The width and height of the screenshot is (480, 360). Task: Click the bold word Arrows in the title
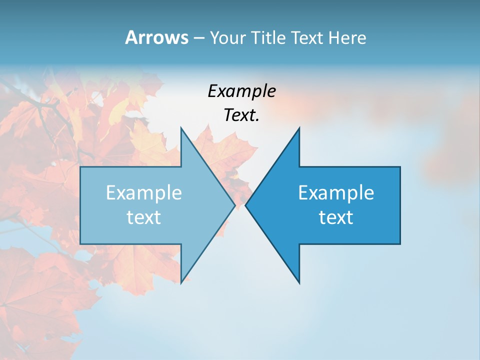coord(156,37)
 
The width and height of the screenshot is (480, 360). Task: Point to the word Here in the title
coord(347,37)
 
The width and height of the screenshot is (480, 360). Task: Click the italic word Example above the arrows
coord(242,91)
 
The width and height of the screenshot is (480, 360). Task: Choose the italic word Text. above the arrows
coord(242,115)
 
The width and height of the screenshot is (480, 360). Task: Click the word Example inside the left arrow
coord(144,192)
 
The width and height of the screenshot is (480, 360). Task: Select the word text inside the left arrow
coord(144,217)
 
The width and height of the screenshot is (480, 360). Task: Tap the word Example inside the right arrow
coord(336,192)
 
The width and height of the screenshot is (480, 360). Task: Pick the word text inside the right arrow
coord(336,217)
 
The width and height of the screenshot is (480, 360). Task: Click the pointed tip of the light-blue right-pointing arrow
coord(235,205)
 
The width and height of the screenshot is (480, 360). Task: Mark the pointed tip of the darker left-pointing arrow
coord(245,205)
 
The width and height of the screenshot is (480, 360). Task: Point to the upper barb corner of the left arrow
coord(181,127)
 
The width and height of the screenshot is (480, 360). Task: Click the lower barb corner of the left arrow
coord(181,283)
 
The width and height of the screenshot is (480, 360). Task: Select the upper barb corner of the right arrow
coord(299,127)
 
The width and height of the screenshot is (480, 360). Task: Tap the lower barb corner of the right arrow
coord(299,283)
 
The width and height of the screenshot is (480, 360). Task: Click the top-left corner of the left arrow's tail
coord(80,167)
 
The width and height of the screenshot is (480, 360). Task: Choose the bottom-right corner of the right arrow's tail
coord(400,244)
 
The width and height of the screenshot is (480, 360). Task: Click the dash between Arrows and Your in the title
coord(198,38)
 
